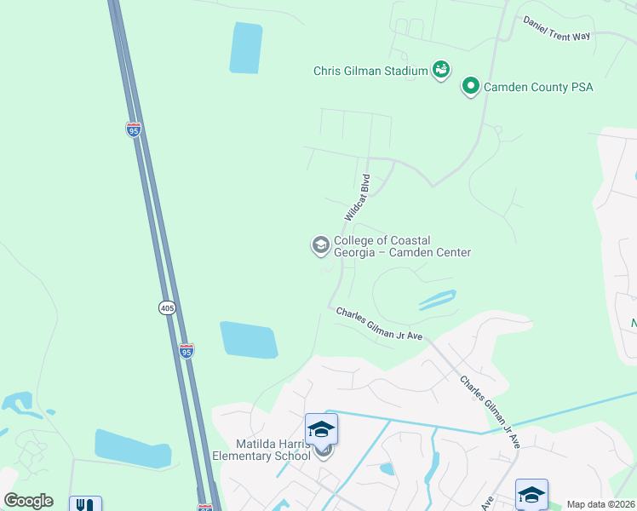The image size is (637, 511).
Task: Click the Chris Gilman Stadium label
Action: tap(370, 71)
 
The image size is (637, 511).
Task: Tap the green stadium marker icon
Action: tap(441, 69)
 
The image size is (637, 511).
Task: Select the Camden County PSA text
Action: tap(537, 87)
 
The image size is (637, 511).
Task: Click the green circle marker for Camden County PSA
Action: tap(469, 86)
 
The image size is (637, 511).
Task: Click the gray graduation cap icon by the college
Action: tap(320, 246)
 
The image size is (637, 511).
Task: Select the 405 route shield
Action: tap(167, 307)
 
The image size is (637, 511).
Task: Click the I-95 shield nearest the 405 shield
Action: tap(187, 350)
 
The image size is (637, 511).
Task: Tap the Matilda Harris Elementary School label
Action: tap(261, 449)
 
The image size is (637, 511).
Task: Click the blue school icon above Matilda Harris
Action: tap(321, 428)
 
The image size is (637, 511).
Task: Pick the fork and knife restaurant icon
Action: tap(85, 504)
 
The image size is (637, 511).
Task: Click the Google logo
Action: tap(28, 501)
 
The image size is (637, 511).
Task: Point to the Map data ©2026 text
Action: tap(600, 504)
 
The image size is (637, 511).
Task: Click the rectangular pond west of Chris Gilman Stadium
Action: tap(245, 48)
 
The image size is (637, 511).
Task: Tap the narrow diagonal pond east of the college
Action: tap(437, 300)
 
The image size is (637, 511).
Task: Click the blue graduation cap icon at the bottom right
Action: tap(531, 493)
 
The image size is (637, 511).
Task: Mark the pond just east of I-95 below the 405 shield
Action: tap(249, 340)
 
